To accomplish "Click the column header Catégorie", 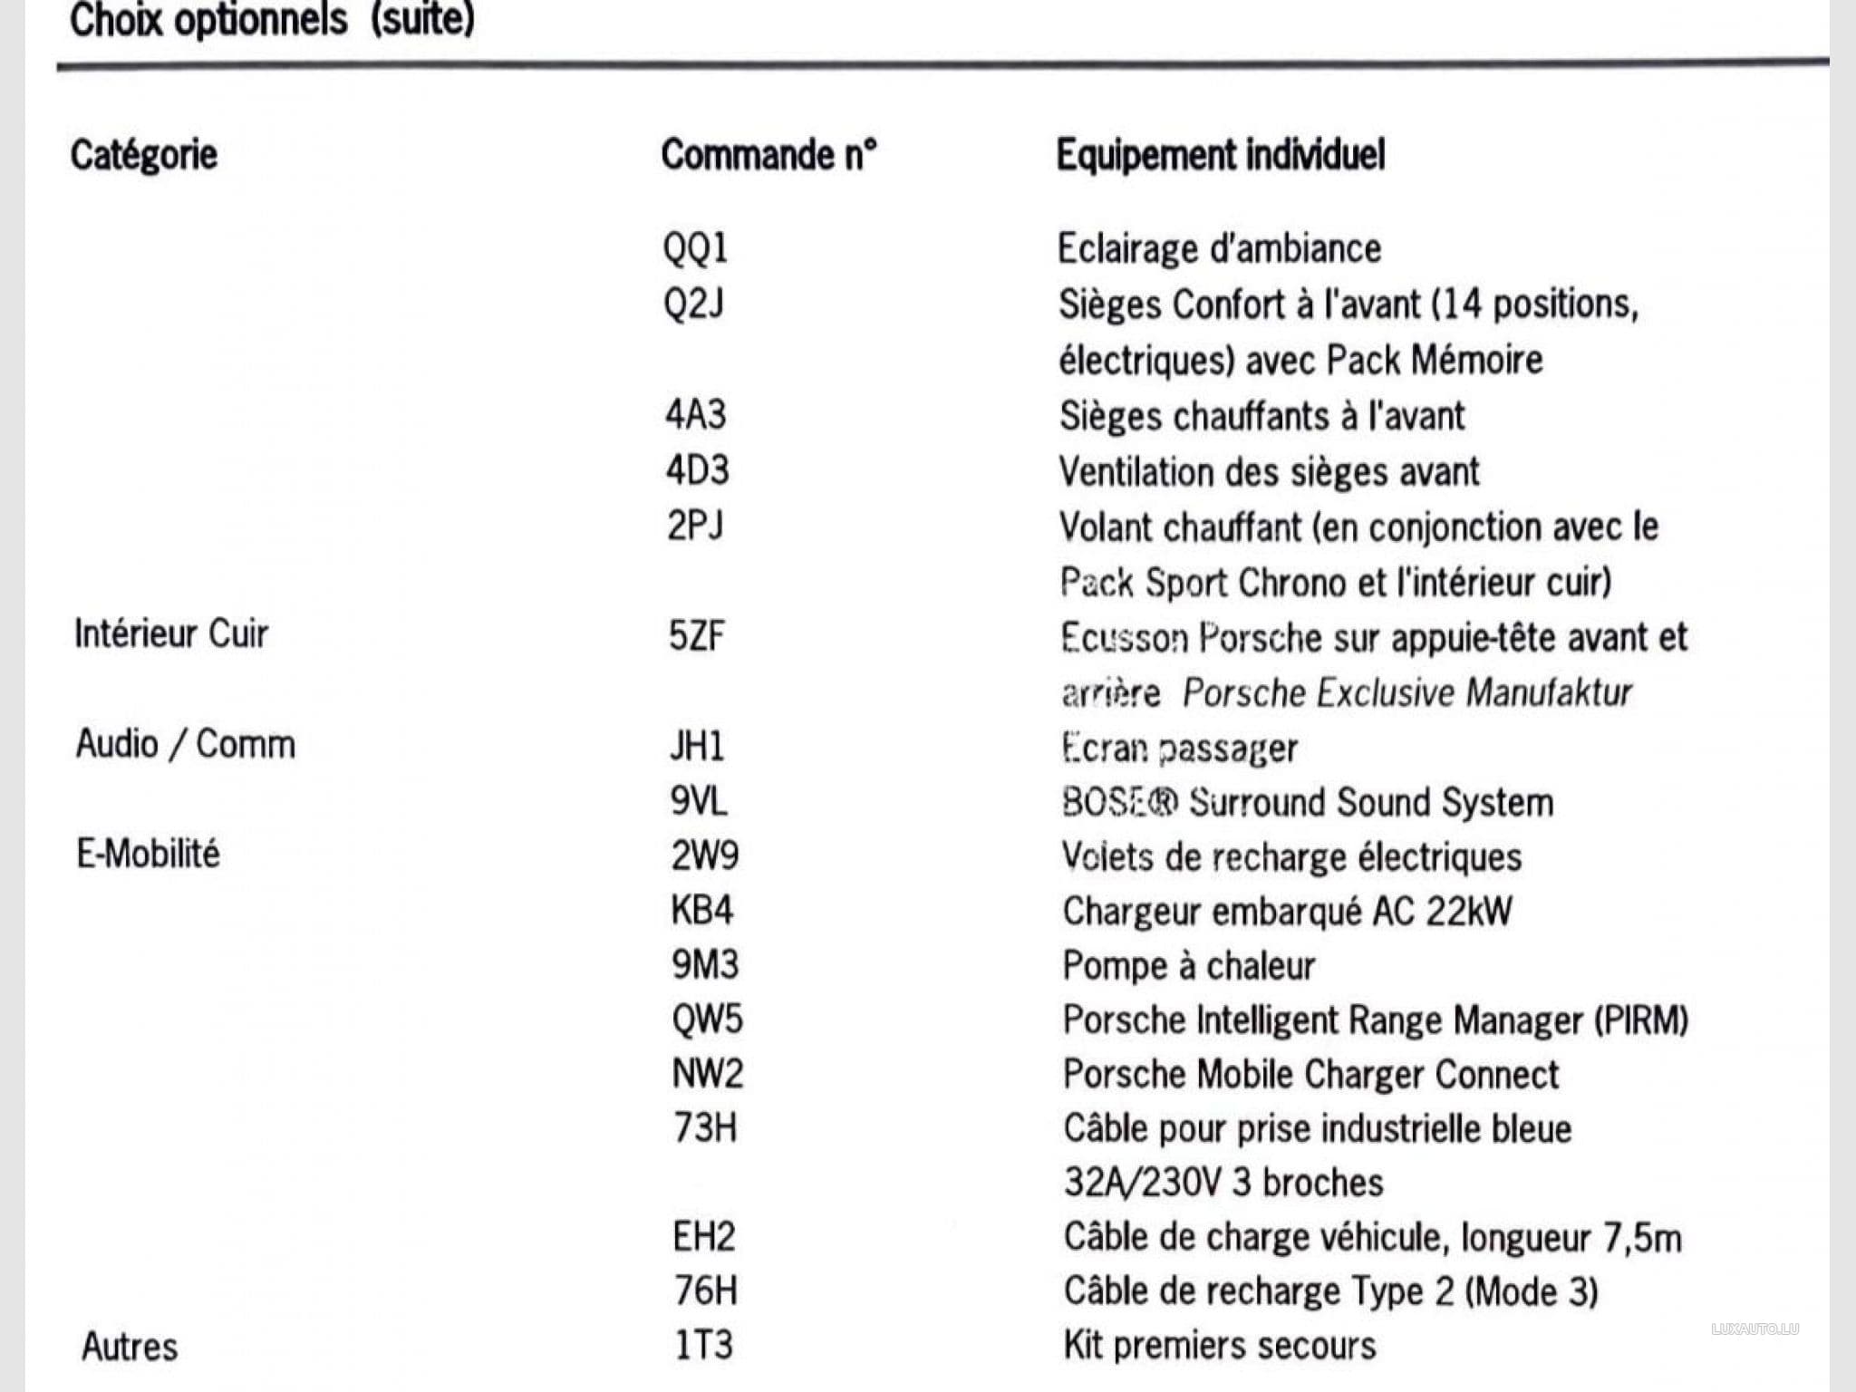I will coord(144,155).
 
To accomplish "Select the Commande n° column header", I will coord(768,155).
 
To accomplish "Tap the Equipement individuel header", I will coord(1221,155).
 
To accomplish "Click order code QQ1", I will coord(695,248).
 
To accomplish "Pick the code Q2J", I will coord(693,304).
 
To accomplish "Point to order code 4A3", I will coord(695,415).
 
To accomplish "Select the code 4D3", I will coord(697,470).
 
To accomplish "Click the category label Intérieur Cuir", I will coord(171,634).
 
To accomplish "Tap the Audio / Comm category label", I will coord(186,744).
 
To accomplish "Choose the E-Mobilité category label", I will coord(148,854).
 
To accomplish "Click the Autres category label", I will coord(130,1347).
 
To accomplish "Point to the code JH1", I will coord(697,747).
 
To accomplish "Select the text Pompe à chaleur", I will coord(1188,966).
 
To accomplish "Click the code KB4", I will coord(701,910).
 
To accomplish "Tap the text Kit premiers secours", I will coord(1220,1346).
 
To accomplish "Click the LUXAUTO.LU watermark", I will coord(1754,1329).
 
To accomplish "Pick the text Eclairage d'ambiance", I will coord(1219,248).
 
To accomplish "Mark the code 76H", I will coord(705,1291).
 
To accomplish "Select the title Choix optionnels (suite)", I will coord(272,20).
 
